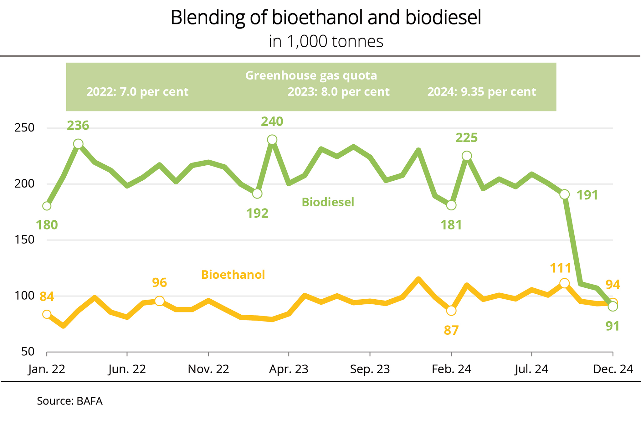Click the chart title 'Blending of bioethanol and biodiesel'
326,18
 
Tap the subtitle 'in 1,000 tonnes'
326,41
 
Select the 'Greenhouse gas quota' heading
311,75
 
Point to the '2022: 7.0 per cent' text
137,92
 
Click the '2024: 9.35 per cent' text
482,92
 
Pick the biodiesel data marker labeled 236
78,144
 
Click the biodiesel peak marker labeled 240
272,140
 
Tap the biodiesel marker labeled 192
257,194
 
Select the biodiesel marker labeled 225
467,156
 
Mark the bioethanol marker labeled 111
564,283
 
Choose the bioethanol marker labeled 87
451,311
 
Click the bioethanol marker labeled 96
159,301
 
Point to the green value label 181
451,225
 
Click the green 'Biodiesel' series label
328,202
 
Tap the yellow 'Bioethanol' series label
233,275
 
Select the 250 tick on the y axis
24,128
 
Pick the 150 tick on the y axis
24,240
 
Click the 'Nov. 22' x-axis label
208,369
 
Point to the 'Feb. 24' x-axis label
451,369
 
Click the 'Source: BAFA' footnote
70,401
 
